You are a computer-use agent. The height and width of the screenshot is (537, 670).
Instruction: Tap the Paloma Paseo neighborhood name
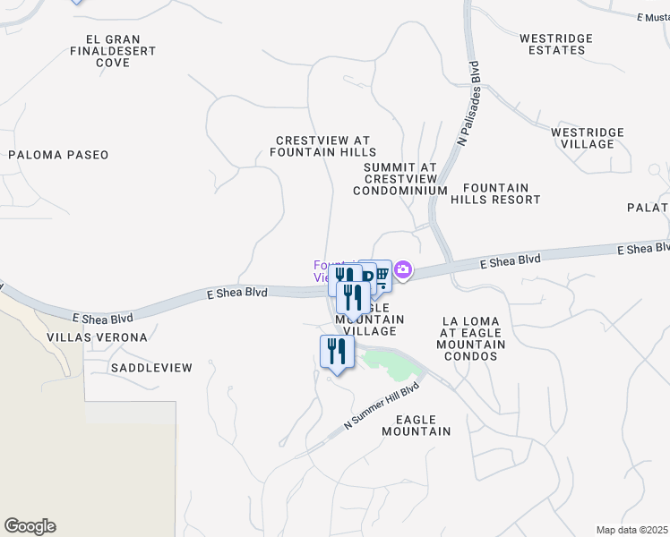[58, 155]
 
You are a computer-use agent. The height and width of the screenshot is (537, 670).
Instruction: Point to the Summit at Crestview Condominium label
[399, 179]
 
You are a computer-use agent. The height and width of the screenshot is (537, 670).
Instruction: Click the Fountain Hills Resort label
[495, 193]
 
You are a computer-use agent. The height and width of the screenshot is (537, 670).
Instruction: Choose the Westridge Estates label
[556, 44]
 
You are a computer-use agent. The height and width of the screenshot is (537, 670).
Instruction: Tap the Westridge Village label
[587, 138]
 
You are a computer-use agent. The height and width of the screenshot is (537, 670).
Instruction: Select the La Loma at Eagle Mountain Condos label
[473, 338]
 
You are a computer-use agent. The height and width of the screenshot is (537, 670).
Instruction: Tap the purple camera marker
[403, 269]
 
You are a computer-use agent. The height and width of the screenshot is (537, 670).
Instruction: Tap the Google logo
[30, 526]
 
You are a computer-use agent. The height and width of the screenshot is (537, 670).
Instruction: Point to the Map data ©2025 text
[632, 530]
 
